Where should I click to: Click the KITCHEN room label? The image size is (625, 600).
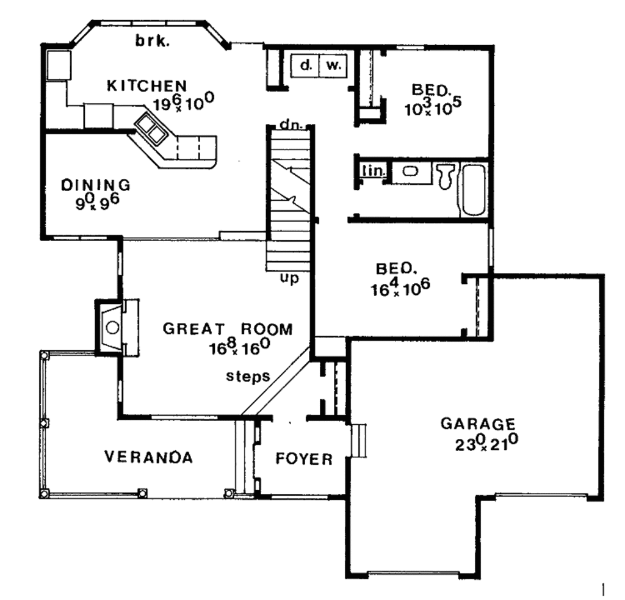146,85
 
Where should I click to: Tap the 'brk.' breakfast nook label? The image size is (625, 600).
152,42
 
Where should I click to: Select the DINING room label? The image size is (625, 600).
96,184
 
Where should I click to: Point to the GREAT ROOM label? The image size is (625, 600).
227,329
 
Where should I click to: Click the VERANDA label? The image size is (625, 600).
148,457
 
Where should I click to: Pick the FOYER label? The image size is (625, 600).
304,459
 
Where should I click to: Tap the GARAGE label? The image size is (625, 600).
478,423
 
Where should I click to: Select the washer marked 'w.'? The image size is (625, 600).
333,65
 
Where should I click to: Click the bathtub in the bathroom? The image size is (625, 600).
474,189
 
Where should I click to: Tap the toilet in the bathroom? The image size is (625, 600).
446,175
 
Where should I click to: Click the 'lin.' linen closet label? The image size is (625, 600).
372,171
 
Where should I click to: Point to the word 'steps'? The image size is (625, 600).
248,376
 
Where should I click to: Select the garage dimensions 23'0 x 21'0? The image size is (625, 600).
486,443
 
